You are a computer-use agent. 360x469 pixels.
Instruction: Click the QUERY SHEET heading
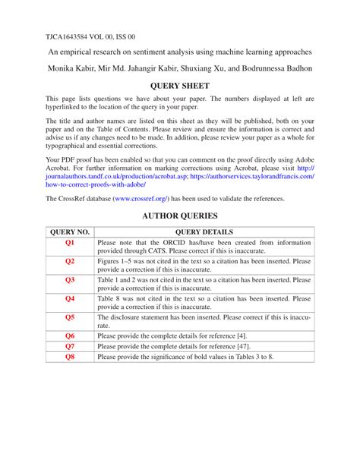(179, 86)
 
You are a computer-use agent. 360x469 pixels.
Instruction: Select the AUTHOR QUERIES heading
(179, 216)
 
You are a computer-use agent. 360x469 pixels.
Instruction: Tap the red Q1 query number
(70, 243)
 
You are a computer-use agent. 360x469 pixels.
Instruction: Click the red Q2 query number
(70, 261)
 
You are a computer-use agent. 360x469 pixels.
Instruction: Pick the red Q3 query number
(70, 280)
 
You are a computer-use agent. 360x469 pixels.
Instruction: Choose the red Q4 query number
(70, 299)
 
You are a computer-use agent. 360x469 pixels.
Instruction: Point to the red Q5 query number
(70, 317)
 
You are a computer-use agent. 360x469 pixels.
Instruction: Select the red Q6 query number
(70, 335)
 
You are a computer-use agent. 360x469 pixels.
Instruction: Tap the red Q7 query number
(70, 346)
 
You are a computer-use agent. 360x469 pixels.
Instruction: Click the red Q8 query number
(70, 357)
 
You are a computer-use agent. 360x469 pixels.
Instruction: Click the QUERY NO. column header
(70, 231)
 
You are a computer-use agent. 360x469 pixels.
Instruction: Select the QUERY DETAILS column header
(204, 231)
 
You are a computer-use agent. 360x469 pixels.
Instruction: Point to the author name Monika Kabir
(74, 68)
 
